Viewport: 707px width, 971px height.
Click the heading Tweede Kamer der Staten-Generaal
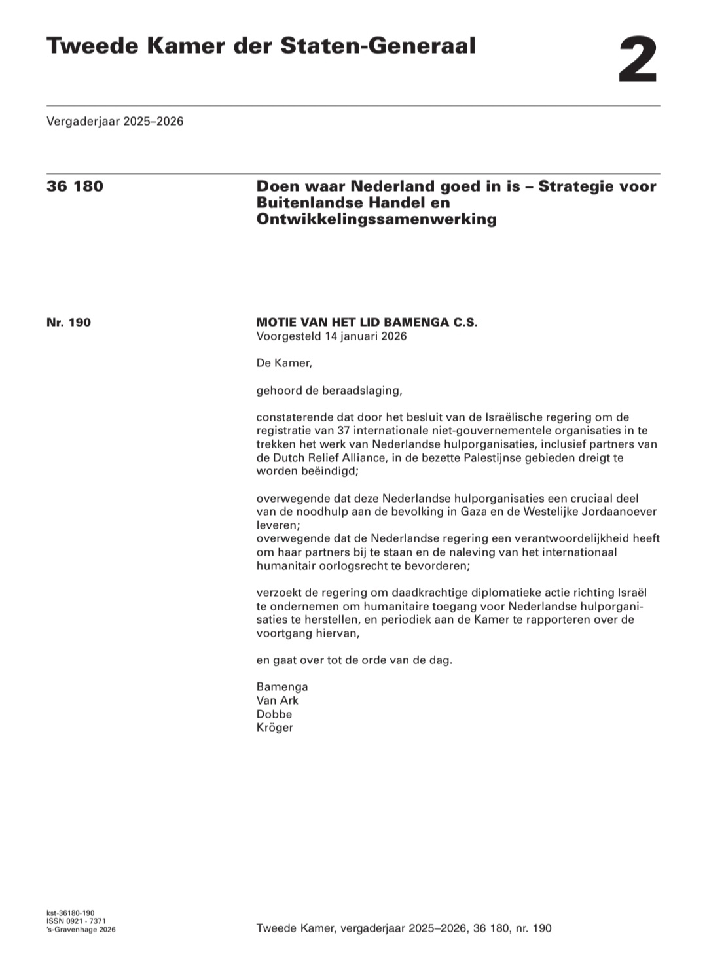coord(261,46)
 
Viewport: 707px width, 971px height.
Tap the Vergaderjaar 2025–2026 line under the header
coord(115,121)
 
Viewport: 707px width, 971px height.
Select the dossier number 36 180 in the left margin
coord(75,186)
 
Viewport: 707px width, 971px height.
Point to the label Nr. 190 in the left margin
coord(69,322)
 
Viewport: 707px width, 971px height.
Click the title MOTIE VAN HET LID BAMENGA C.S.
coord(367,322)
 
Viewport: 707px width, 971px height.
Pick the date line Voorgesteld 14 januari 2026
coord(331,336)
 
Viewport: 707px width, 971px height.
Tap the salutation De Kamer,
coord(284,363)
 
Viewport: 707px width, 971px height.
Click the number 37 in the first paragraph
coord(344,431)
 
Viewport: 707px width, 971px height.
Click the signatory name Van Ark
coord(278,700)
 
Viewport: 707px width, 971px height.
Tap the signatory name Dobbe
coord(274,714)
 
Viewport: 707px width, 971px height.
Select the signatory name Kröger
coord(275,728)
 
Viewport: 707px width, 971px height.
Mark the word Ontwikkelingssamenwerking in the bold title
coord(376,219)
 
